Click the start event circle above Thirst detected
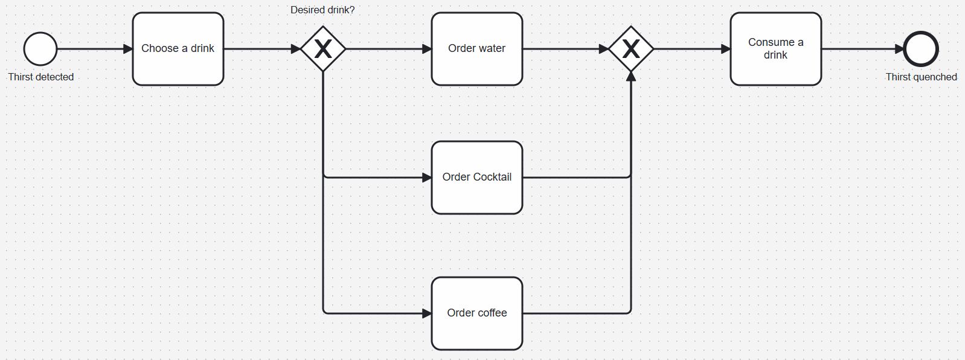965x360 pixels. (40, 49)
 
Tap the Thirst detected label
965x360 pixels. (40, 77)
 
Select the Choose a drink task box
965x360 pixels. (178, 49)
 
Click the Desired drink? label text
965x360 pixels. (322, 10)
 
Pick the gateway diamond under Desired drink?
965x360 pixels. (323, 49)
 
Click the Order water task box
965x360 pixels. (476, 49)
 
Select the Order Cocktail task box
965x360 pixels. (476, 177)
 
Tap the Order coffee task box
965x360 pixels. (476, 313)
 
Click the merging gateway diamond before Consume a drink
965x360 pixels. (630, 49)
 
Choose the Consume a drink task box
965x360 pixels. (775, 49)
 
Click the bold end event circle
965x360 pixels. (921, 49)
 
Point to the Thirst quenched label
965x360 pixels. (921, 77)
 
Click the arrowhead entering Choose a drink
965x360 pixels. (127, 49)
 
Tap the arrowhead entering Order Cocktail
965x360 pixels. (427, 178)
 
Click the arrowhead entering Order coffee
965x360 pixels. (427, 313)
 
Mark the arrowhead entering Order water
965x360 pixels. (427, 49)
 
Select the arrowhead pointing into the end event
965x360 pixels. (899, 49)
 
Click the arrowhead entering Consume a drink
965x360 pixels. (725, 49)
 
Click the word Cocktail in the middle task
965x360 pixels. (492, 177)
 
